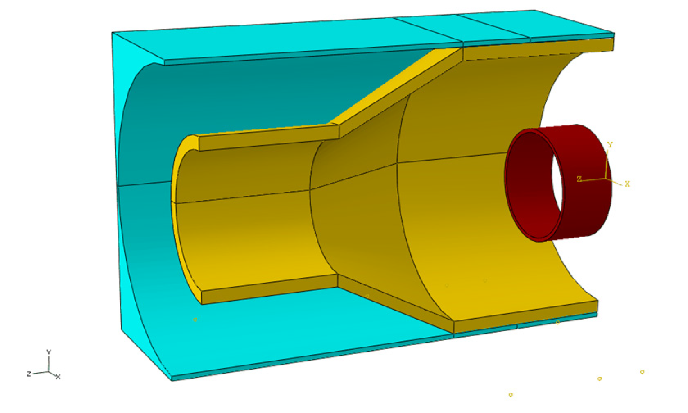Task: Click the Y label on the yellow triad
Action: [x=610, y=145]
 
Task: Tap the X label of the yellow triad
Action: [x=627, y=184]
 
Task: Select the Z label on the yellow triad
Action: [x=579, y=179]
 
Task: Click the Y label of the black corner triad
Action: [x=49, y=352]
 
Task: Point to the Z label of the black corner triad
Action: [x=29, y=374]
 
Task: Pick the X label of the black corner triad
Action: [x=58, y=377]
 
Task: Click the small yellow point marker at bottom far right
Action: [x=642, y=372]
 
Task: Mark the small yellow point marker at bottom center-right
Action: [x=511, y=395]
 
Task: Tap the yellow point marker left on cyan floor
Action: [x=195, y=320]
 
